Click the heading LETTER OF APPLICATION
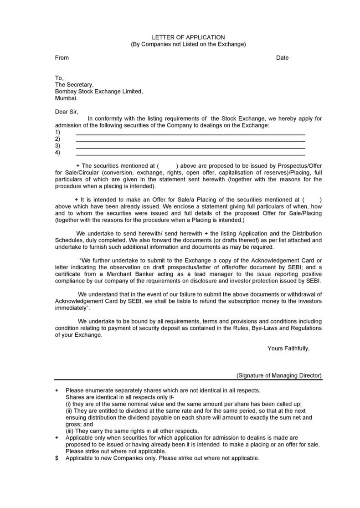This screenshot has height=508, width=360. click(x=188, y=37)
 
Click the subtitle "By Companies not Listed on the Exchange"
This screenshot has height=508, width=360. click(x=188, y=44)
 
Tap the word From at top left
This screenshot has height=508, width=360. click(x=62, y=58)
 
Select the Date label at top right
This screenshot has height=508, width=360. click(x=282, y=58)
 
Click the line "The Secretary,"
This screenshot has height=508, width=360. click(x=74, y=85)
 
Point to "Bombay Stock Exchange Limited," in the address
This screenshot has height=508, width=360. click(x=99, y=91)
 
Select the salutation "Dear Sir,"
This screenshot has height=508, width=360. click(x=67, y=112)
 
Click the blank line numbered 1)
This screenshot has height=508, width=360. click(x=190, y=133)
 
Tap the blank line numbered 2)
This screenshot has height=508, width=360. click(x=190, y=140)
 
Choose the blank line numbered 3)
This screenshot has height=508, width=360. click(x=190, y=147)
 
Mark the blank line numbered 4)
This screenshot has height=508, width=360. click(x=190, y=154)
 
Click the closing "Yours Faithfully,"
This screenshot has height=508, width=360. click(x=288, y=349)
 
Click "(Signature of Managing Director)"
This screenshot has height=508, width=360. click(x=279, y=375)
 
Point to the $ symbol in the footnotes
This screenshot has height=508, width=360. click(x=57, y=458)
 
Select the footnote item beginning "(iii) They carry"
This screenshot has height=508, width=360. click(x=132, y=431)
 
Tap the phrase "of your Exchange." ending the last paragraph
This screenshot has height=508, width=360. click(x=79, y=335)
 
